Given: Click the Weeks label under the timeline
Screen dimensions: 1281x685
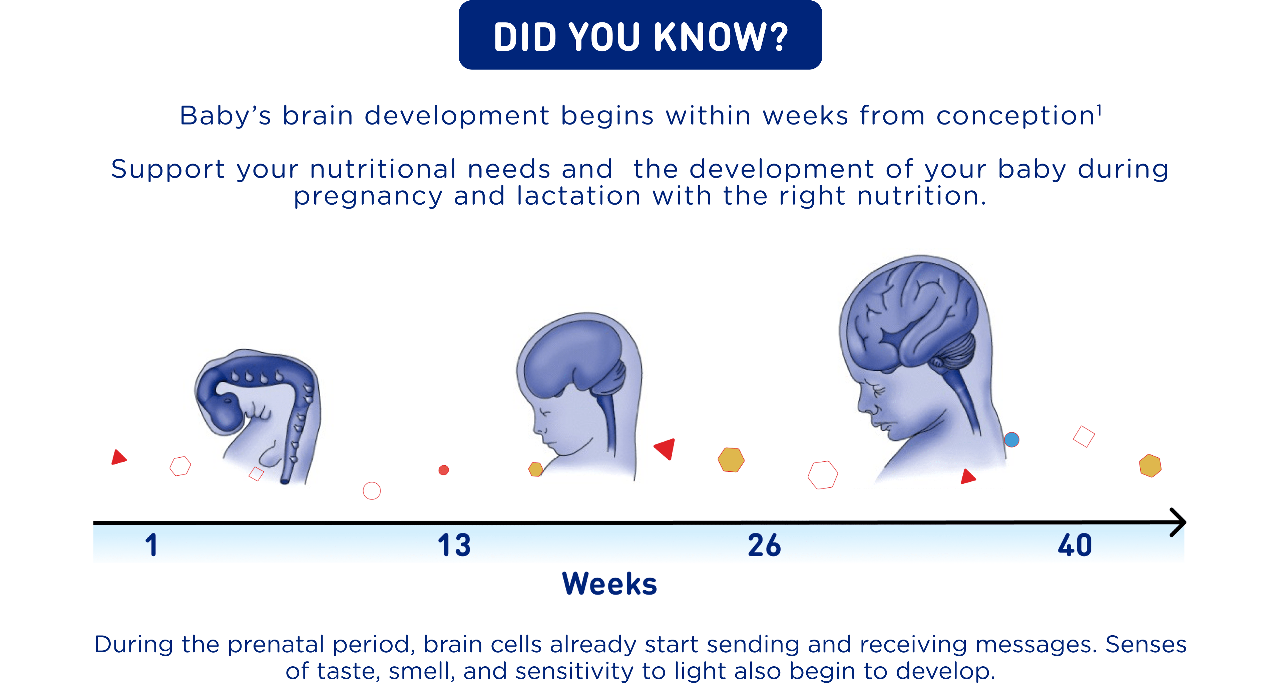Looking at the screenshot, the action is (x=610, y=584).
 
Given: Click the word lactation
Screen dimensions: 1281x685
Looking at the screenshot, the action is (x=578, y=196).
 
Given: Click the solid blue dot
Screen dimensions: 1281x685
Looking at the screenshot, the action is (x=1011, y=440).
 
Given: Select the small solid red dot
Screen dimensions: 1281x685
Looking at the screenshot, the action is (x=444, y=470).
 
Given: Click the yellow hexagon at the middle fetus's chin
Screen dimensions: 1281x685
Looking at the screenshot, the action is (x=535, y=469).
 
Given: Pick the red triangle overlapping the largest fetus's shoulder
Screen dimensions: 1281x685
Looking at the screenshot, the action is (x=968, y=477).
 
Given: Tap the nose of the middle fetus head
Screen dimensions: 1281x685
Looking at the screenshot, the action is (x=536, y=427).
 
